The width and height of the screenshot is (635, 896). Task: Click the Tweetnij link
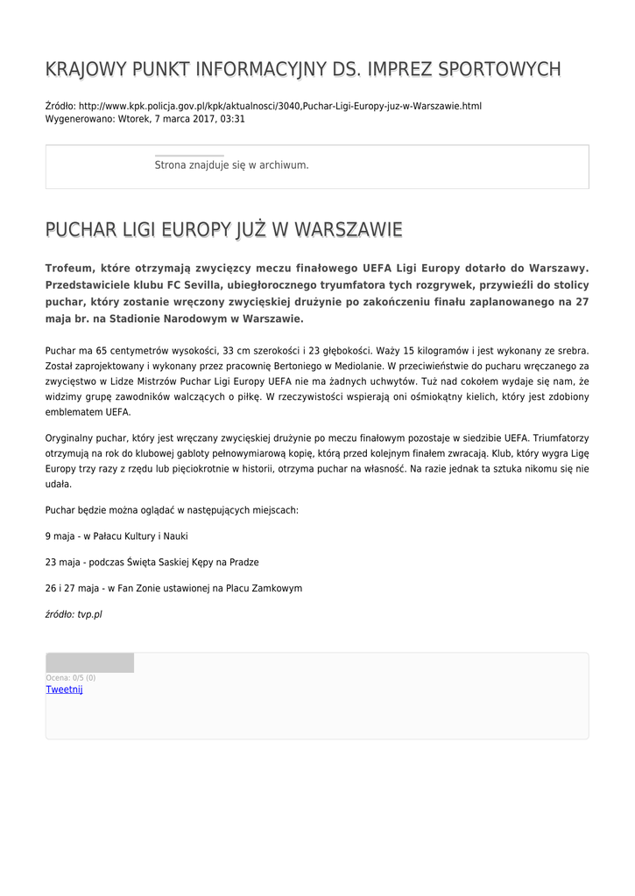click(x=64, y=689)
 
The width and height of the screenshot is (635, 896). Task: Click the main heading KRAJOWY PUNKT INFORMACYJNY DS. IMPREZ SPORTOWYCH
click(x=303, y=69)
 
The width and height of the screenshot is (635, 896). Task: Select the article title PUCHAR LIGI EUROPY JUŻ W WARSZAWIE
click(x=223, y=230)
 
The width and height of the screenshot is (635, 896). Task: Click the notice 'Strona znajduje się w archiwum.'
click(x=231, y=164)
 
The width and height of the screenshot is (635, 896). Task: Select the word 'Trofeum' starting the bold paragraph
click(x=69, y=269)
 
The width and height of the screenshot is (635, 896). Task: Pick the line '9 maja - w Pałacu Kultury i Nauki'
click(x=116, y=535)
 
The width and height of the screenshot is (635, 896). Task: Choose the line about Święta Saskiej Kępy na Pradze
click(x=152, y=562)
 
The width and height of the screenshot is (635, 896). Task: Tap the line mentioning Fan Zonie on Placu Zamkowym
click(x=173, y=588)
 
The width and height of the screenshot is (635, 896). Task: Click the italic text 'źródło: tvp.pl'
click(x=74, y=614)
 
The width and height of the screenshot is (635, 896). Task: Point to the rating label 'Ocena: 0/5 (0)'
click(x=71, y=677)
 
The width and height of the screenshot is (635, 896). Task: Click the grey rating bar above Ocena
click(x=89, y=662)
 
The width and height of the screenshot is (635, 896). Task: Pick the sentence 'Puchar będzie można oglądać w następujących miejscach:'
click(x=172, y=509)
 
